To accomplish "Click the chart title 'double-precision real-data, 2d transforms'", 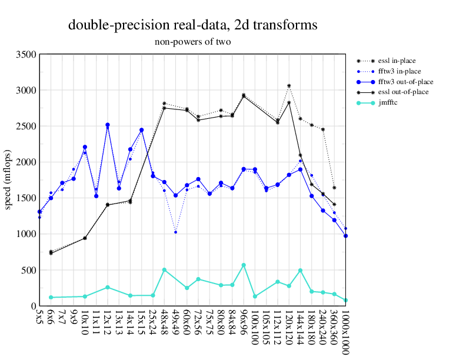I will coord(193,25).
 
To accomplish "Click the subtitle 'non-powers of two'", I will coord(192,42).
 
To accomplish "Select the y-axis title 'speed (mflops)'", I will coord(8,180).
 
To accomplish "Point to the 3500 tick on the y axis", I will coord(26,55).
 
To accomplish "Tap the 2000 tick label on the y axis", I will coord(26,162).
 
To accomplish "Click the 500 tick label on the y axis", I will coord(28,271).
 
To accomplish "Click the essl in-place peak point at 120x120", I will coord(289,86).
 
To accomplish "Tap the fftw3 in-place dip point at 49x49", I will coord(176,232).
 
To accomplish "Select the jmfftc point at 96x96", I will coord(244,265).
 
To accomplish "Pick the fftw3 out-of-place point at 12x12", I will coord(108,125).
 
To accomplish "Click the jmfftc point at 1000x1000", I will coord(345,300).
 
